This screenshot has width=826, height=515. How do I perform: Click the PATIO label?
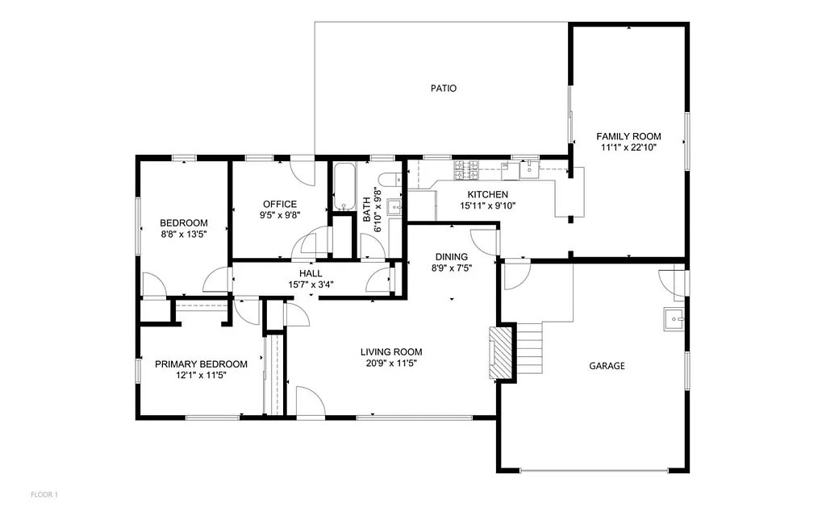(x=443, y=88)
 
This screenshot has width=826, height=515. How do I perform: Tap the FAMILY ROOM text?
(x=628, y=136)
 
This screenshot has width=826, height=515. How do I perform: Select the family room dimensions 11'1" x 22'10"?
(x=628, y=147)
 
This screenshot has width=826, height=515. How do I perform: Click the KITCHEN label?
(x=488, y=194)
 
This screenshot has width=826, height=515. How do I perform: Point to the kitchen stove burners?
(x=467, y=170)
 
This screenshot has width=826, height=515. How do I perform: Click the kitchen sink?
(x=529, y=169)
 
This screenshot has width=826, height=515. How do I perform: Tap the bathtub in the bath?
(x=344, y=186)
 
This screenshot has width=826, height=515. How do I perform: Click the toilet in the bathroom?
(x=390, y=179)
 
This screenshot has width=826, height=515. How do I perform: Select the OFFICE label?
(x=279, y=204)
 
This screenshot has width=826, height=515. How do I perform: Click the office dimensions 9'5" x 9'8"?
(x=279, y=215)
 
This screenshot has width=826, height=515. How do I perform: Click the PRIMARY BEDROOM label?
(x=201, y=364)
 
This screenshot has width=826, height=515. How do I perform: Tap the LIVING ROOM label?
(x=391, y=351)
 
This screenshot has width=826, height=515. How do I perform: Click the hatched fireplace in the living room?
(x=503, y=352)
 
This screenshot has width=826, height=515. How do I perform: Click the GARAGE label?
(x=607, y=365)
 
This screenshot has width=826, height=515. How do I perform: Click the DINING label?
(x=451, y=257)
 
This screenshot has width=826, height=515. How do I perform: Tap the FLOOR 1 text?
(x=44, y=493)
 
